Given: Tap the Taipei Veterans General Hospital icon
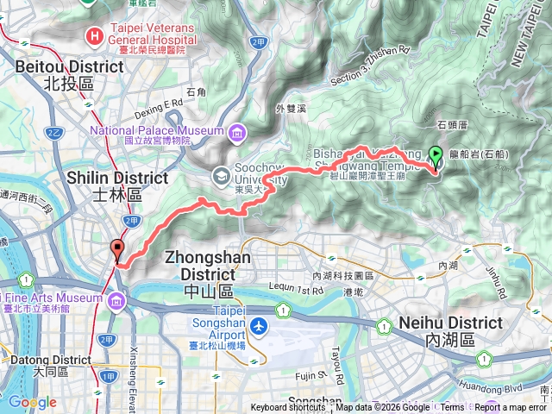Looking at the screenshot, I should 93,35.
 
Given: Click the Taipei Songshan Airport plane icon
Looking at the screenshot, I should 260,327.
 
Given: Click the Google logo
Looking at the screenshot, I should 32,402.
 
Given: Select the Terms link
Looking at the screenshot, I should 451,408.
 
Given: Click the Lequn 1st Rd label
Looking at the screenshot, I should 281,292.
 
